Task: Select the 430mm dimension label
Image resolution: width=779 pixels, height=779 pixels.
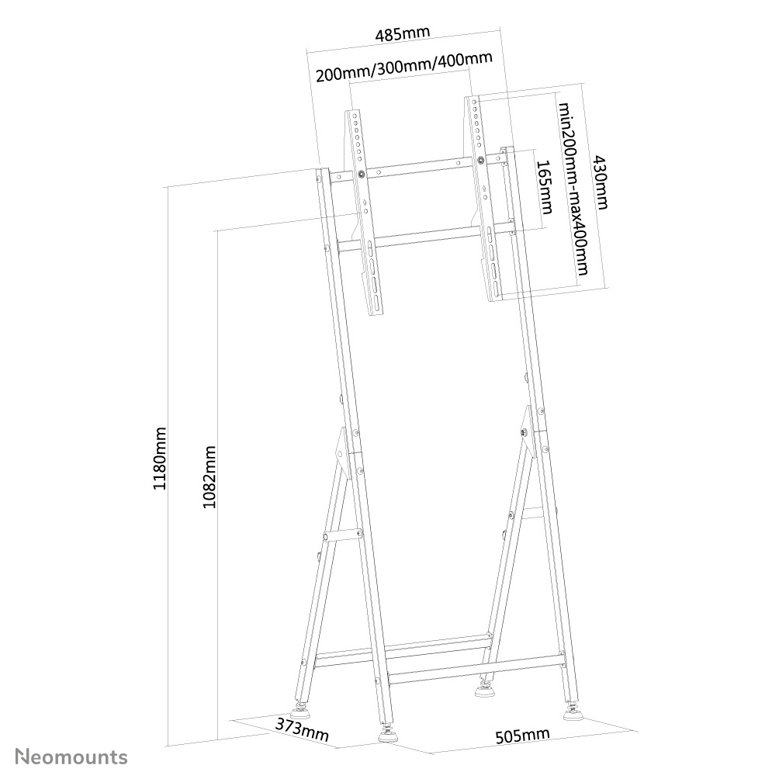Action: pyautogui.click(x=601, y=182)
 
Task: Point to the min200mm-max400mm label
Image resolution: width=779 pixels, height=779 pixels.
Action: pyautogui.click(x=574, y=189)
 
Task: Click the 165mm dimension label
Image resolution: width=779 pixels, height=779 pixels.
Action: pyautogui.click(x=544, y=187)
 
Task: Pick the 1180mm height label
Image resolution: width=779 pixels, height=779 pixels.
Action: pyautogui.click(x=159, y=458)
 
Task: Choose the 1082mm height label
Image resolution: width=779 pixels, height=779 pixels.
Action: pyautogui.click(x=208, y=476)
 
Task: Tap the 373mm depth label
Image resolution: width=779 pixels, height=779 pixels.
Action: pyautogui.click(x=301, y=729)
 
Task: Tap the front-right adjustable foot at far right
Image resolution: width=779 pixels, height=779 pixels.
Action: pyautogui.click(x=574, y=711)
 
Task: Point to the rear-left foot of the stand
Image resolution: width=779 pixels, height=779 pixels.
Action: pyautogui.click(x=299, y=708)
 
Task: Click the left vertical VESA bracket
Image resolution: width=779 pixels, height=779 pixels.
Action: pyautogui.click(x=365, y=209)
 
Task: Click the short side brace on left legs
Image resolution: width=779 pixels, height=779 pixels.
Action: pyautogui.click(x=341, y=535)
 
